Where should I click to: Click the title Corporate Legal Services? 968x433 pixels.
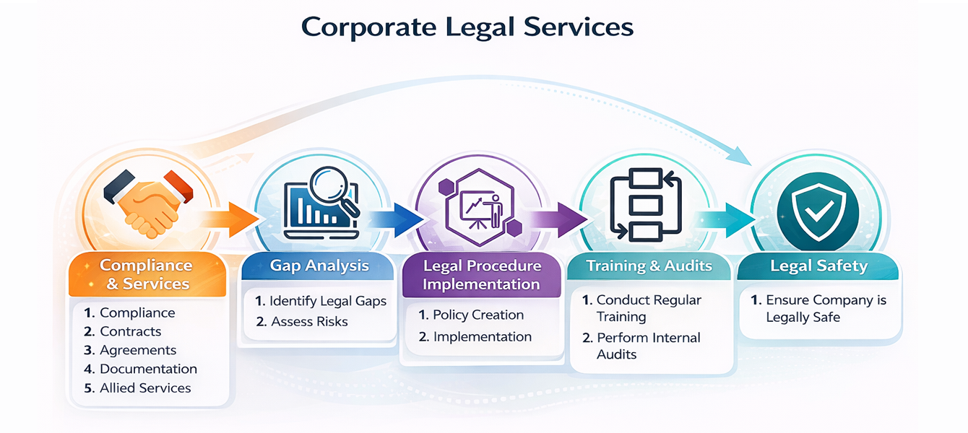[467, 27]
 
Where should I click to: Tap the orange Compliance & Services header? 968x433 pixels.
[147, 275]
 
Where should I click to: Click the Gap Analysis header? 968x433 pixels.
[319, 266]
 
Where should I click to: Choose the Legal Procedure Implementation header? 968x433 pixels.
[481, 275]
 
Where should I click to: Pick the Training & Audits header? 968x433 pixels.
[649, 266]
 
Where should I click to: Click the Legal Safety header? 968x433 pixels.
[818, 266]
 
